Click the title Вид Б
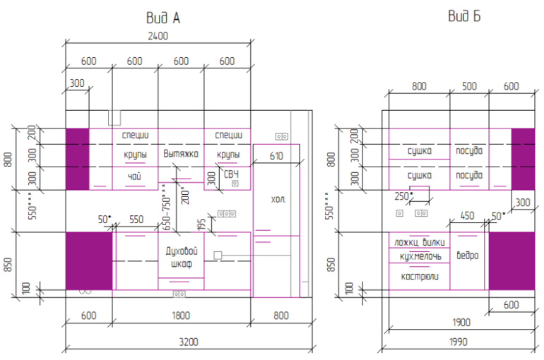point(464,17)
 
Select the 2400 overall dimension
point(158,37)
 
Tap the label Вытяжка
point(181,153)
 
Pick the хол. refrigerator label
point(278,200)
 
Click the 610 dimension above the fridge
point(276,157)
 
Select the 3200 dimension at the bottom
point(188,342)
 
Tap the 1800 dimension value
point(180,316)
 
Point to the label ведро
point(468,256)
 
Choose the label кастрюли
point(419,277)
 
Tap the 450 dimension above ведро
point(467,215)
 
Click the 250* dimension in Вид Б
point(403,196)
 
